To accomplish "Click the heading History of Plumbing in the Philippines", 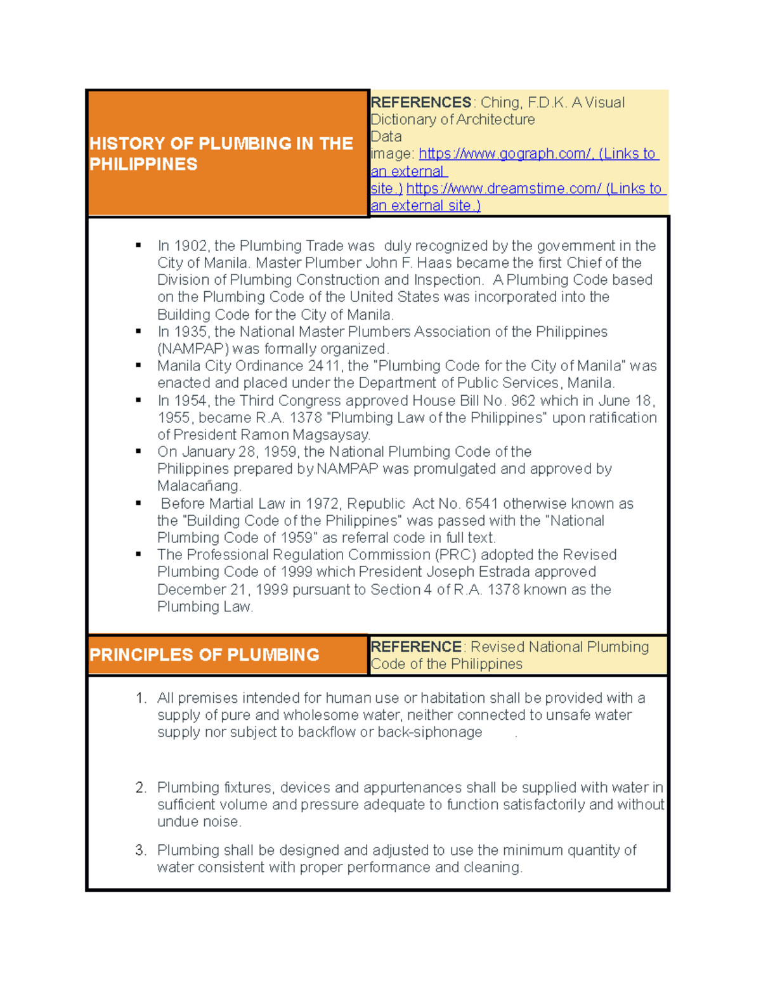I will [x=221, y=153].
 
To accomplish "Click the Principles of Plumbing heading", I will [x=204, y=655].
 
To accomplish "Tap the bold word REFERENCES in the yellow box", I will [x=420, y=103].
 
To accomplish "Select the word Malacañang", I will [x=198, y=486].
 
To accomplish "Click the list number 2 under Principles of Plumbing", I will [x=141, y=788].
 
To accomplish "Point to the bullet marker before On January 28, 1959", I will [x=138, y=452].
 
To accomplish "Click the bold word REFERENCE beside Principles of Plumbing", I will [x=416, y=647].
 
